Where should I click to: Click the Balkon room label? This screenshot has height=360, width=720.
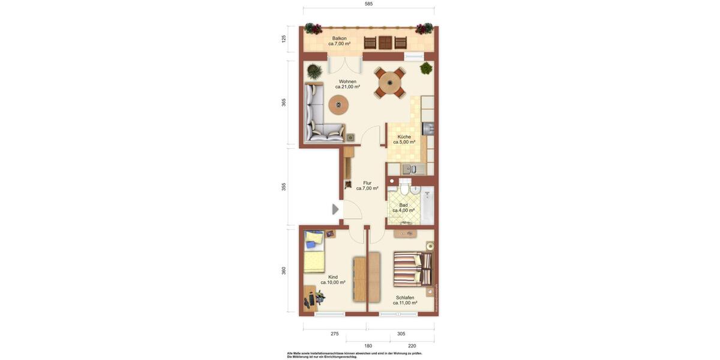coord(340,41)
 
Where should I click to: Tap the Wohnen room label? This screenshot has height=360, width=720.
coord(347,84)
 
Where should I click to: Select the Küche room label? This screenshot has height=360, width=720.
coord(404,139)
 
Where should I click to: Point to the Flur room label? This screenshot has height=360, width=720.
coord(367,185)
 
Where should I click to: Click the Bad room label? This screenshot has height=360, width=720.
coord(403,208)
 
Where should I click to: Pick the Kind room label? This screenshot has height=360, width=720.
coord(332,280)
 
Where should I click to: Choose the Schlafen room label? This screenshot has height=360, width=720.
coord(405,300)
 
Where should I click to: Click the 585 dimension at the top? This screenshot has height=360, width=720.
coord(368,4)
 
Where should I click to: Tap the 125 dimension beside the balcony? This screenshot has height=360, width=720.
coord(284,39)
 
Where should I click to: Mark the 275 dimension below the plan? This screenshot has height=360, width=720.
coord(334,334)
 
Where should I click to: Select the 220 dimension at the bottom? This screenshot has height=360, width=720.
coord(412,346)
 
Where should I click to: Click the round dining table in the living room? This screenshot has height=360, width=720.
coord(390,83)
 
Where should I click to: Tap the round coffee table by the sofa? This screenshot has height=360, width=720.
coord(339,105)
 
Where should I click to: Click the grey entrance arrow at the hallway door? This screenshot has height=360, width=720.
coord(335,209)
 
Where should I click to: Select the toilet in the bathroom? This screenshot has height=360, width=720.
coord(404,189)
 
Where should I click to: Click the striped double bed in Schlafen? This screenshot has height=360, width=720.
coord(412,269)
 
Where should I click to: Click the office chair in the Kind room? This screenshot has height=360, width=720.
coord(320,296)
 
